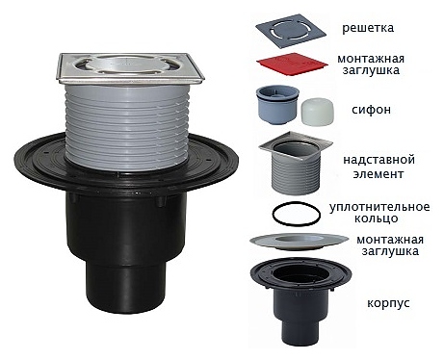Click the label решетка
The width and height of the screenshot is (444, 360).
pos(368,28)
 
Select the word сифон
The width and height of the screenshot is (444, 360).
pos(371,110)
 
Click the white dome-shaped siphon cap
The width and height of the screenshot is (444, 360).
pos(317,111)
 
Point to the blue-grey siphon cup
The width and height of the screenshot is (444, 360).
pos(277,105)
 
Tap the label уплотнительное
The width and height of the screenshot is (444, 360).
pos(379,207)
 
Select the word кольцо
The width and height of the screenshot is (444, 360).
pos(376,219)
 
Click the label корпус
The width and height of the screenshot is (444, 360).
pos(388,303)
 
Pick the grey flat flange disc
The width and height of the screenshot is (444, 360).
pos(299,242)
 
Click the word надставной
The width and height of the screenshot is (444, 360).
pos(379,160)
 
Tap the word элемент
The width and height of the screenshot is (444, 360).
pos(379,174)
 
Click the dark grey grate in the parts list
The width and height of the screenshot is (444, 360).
pos(291,31)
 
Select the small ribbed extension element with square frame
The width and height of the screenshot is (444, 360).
pos(296,163)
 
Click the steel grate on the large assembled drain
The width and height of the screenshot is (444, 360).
pos(131,67)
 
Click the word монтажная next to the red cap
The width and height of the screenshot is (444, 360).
pos(371,59)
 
